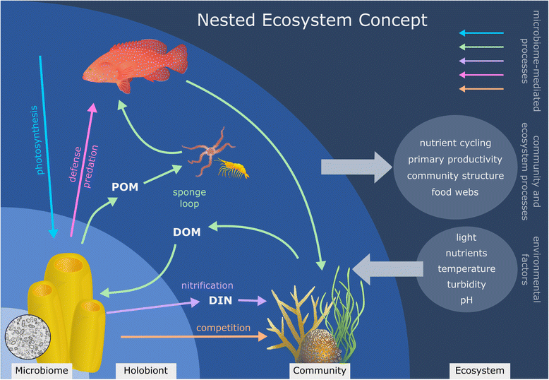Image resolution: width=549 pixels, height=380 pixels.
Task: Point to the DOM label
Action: pyautogui.click(x=187, y=232)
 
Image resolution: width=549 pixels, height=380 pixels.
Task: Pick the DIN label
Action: pyautogui.click(x=220, y=301)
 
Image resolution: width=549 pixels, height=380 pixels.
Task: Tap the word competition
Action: pyautogui.click(x=224, y=328)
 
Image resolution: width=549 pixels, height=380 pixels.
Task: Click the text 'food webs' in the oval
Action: pyautogui.click(x=455, y=191)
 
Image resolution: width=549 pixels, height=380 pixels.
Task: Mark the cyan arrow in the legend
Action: pyautogui.click(x=481, y=33)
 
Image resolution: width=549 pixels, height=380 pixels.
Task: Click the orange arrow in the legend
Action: pyautogui.click(x=481, y=89)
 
